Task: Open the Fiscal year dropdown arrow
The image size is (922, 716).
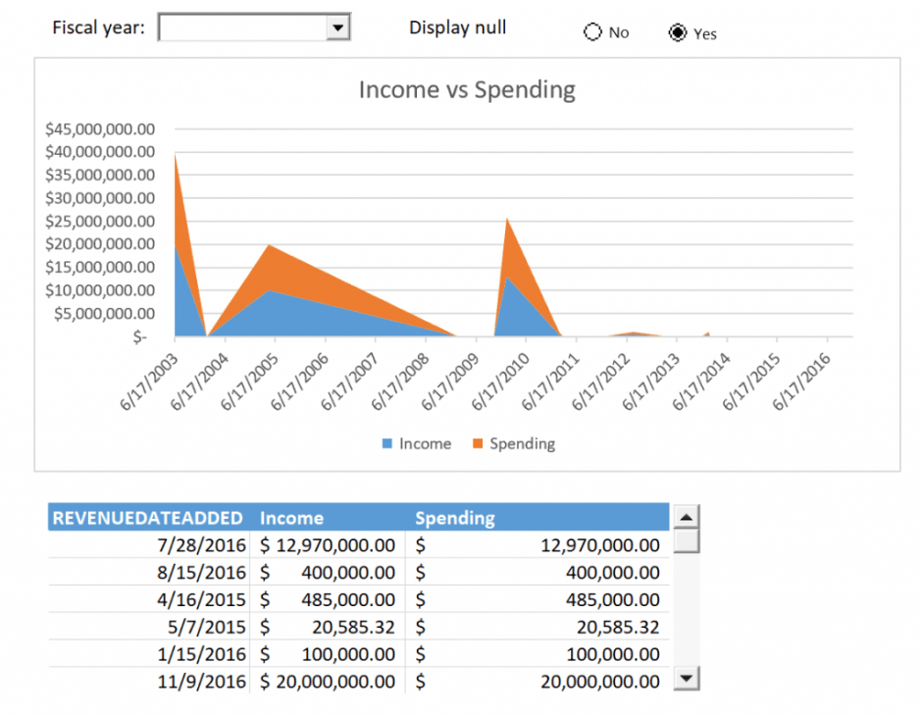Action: pos(337,28)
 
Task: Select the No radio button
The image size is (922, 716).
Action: pos(592,32)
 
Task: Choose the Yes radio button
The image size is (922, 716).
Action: pos(677,33)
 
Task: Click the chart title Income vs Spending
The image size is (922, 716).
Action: pos(467,90)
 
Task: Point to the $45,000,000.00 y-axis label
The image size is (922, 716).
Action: pos(100,128)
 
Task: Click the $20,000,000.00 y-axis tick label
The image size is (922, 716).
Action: pos(100,243)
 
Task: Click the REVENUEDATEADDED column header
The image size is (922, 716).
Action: pos(147,518)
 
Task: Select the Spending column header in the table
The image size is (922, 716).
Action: pos(455,518)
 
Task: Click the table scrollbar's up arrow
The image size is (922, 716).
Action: pos(688,517)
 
